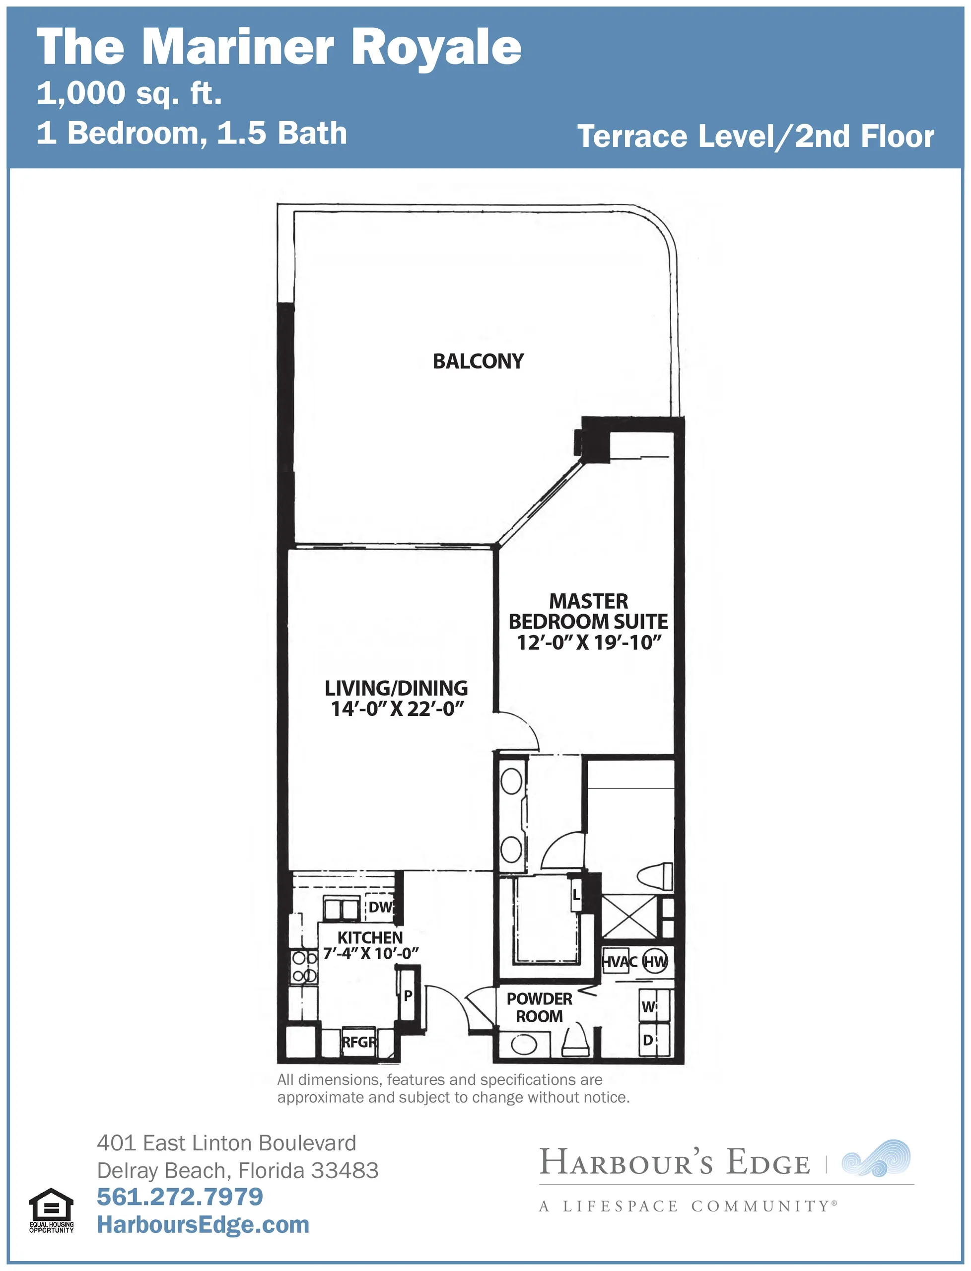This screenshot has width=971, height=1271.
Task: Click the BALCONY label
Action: click(478, 361)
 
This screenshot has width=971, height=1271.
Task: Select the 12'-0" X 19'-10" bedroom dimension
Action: click(588, 642)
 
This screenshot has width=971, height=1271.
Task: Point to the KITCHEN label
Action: click(370, 937)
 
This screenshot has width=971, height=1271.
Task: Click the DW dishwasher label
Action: click(380, 907)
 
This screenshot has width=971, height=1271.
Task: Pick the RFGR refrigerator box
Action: click(359, 1042)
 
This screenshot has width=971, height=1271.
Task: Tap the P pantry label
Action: click(408, 995)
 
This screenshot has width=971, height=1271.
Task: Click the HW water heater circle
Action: click(655, 962)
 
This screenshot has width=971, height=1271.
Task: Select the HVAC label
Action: click(619, 962)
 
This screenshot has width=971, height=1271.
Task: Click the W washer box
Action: click(654, 1007)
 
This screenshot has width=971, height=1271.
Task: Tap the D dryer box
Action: click(654, 1040)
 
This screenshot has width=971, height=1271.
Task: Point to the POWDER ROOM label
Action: click(539, 1007)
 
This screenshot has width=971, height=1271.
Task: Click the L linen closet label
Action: click(576, 895)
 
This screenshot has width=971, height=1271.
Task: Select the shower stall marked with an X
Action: click(629, 917)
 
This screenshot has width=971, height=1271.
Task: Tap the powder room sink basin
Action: click(523, 1044)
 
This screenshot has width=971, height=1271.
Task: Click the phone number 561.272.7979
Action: click(180, 1197)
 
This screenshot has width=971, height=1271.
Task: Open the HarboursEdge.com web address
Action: click(203, 1224)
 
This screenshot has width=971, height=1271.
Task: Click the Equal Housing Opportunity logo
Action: click(52, 1210)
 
